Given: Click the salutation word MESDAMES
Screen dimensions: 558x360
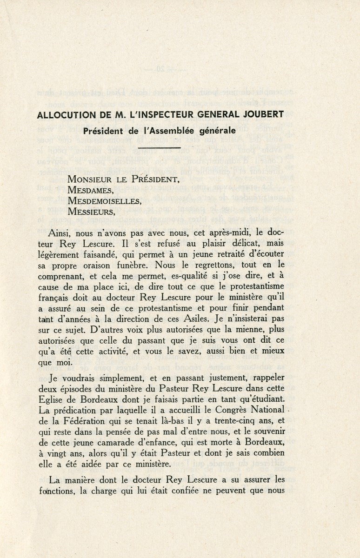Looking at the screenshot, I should (x=90, y=190).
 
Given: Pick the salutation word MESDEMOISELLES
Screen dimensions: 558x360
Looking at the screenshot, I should (x=105, y=201).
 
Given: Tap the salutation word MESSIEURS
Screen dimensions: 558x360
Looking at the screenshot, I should (x=92, y=212).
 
